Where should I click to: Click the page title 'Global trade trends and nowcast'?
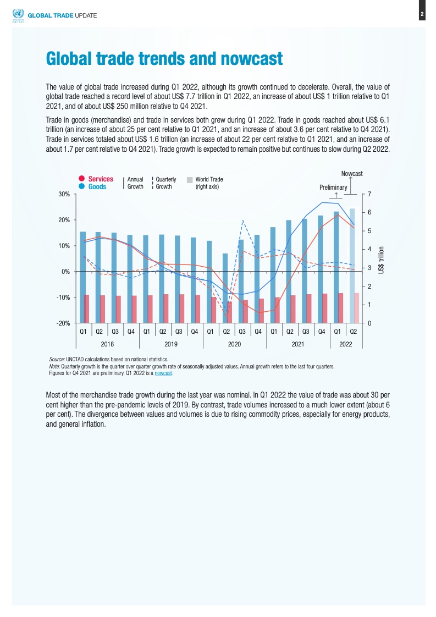coord(164,58)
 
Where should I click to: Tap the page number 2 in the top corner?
coord(422,14)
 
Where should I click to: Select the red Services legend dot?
coord(81,179)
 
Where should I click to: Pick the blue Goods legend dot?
coord(81,186)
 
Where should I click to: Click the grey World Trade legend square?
coord(190,179)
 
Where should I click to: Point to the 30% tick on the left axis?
coord(62,194)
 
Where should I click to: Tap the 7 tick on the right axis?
coord(370,194)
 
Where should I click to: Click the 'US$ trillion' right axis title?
coord(381,259)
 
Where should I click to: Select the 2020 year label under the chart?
coord(235,344)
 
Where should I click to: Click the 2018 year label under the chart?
coord(108,344)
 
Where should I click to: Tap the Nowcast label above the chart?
coord(351,174)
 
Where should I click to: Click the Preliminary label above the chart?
coord(333,188)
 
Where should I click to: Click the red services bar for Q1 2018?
coord(87,309)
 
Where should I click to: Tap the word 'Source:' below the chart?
coord(57,359)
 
